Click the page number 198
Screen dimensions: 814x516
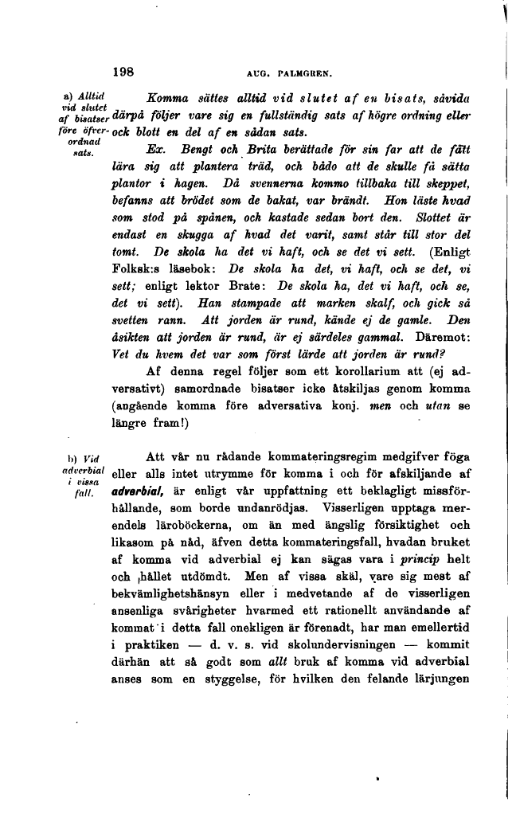click(x=123, y=71)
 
